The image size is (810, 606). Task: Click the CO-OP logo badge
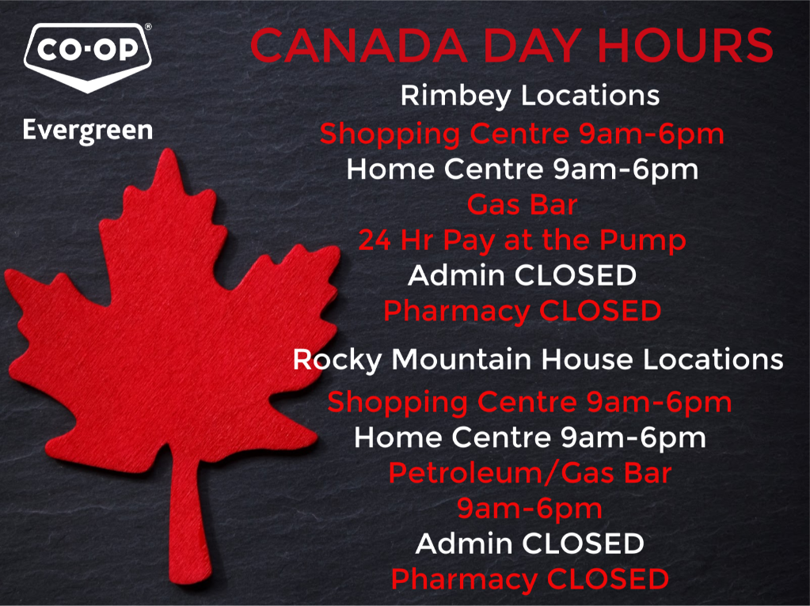(x=88, y=57)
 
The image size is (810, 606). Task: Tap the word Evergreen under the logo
(x=88, y=131)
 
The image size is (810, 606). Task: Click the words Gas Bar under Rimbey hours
(x=523, y=205)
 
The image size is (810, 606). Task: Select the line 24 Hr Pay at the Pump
(x=523, y=241)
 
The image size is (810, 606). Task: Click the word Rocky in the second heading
(x=337, y=360)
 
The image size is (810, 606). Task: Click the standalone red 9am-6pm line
(x=530, y=509)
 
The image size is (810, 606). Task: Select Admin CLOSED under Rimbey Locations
(x=523, y=275)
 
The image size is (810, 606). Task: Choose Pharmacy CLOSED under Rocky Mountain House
(x=530, y=580)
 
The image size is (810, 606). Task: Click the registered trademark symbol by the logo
(x=148, y=27)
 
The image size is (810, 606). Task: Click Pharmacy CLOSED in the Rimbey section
(x=523, y=312)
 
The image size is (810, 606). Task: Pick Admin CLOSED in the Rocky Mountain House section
(x=530, y=544)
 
